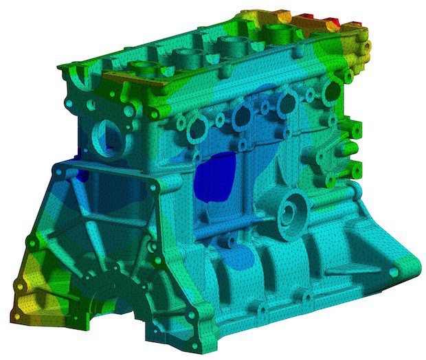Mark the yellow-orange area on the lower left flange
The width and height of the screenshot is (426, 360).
pos(27,289)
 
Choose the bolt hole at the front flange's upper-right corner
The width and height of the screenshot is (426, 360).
pos(150,184)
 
